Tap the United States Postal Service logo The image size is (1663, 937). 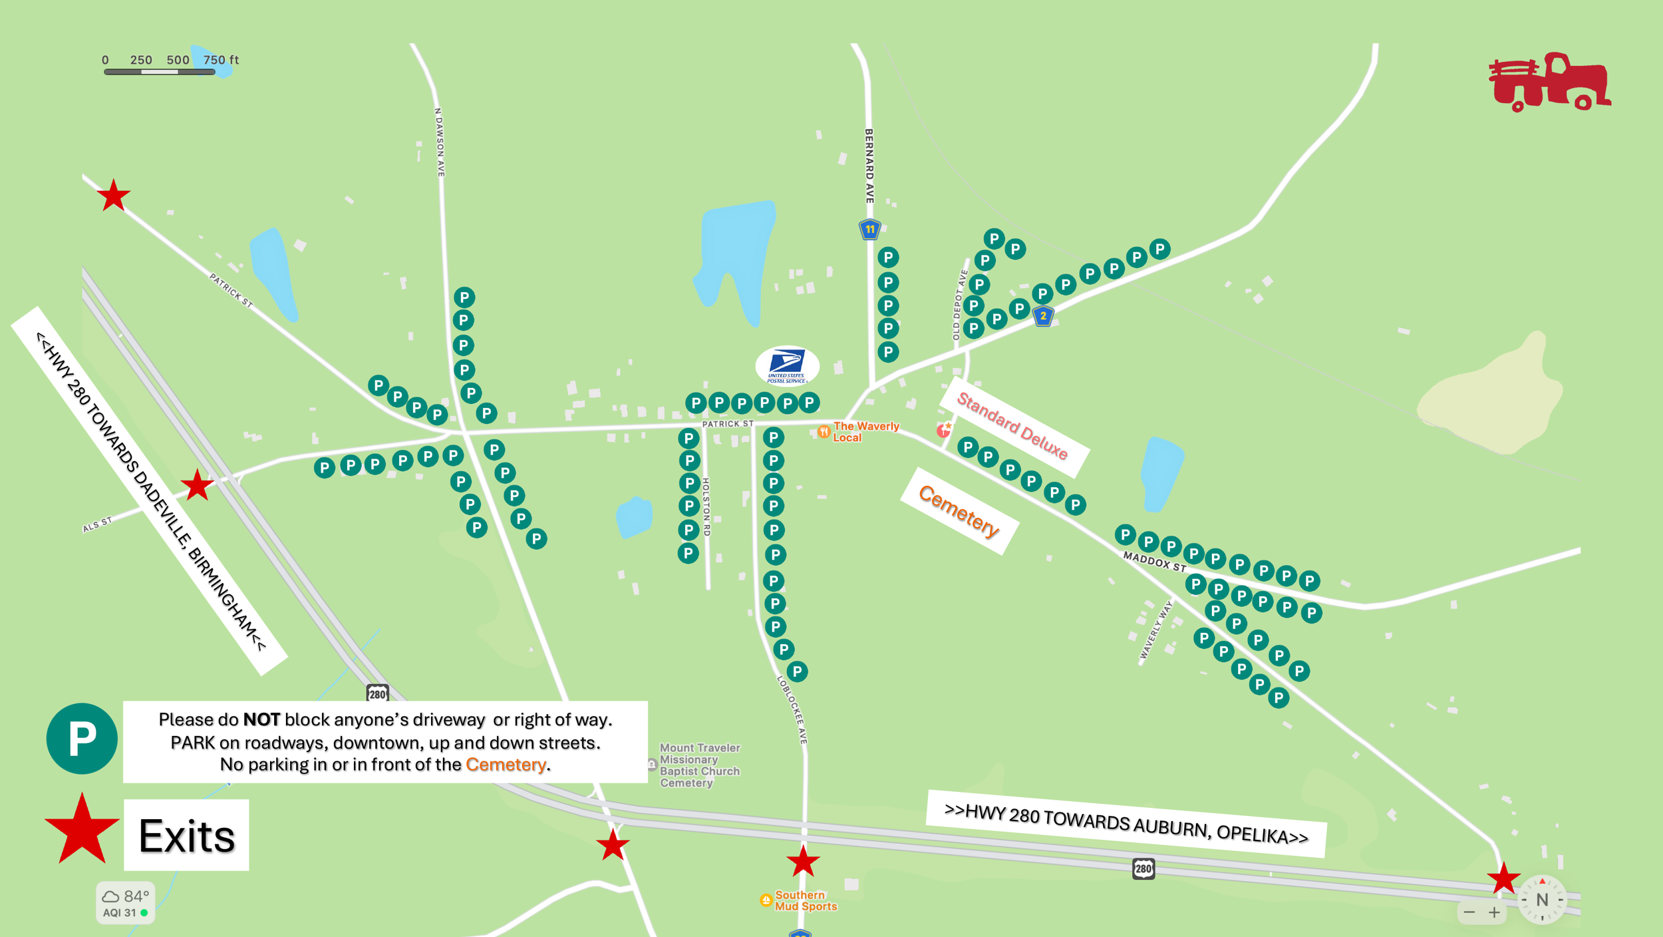click(x=787, y=365)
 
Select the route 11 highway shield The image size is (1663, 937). click(x=869, y=230)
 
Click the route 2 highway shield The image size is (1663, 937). click(x=1043, y=316)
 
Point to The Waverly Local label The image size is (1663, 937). click(x=865, y=432)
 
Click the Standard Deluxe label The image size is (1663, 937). click(x=1012, y=426)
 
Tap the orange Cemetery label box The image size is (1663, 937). click(x=959, y=511)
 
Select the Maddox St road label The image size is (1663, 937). click(x=1154, y=562)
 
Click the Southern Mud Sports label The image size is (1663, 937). click(x=805, y=900)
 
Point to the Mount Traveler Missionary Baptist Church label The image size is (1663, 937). click(x=699, y=765)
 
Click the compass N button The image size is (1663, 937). click(x=1542, y=900)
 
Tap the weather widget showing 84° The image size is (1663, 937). click(x=125, y=902)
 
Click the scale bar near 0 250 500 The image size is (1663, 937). click(x=159, y=71)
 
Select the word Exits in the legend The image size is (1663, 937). click(x=186, y=836)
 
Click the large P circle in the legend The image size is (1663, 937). click(x=82, y=739)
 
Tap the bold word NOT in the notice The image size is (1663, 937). click(x=261, y=719)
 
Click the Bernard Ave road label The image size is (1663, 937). click(x=869, y=166)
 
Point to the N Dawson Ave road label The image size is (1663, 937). click(x=440, y=142)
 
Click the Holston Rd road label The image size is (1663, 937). click(x=706, y=507)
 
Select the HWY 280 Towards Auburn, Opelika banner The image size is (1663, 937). click(x=1126, y=824)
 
